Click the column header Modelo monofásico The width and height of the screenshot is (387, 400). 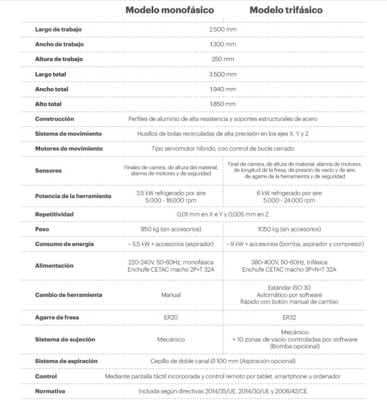170,10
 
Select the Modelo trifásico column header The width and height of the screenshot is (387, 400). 286,10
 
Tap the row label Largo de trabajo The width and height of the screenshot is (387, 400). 58,29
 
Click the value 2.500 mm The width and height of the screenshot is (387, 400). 222,29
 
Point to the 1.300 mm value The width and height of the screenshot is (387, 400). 222,44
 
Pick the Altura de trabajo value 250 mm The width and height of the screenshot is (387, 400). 222,59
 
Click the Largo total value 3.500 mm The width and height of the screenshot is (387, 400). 222,74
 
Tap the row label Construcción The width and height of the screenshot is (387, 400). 54,119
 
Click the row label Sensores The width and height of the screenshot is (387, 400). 48,170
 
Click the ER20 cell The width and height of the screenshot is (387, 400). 171,317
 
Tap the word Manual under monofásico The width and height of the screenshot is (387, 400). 171,294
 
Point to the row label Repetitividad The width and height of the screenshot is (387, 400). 54,214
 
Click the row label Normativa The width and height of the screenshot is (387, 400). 50,391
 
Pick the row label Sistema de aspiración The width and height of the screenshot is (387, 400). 66,361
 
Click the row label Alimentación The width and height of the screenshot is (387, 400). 54,266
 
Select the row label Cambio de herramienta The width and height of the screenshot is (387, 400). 68,294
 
